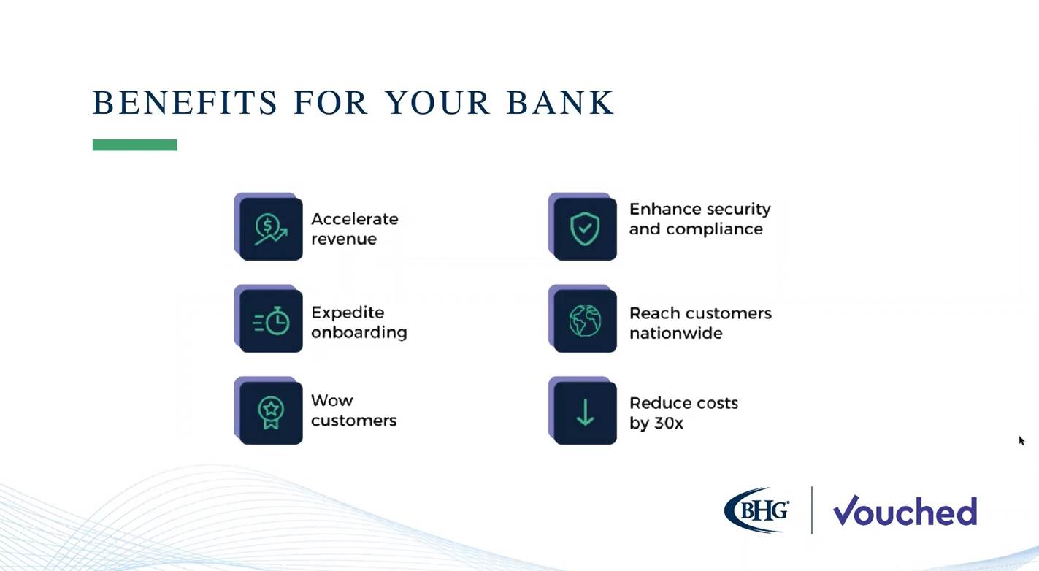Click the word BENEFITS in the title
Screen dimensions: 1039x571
point(185,102)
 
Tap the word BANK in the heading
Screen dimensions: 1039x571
point(560,102)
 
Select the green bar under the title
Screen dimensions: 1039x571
point(134,145)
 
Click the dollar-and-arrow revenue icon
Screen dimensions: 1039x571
point(271,229)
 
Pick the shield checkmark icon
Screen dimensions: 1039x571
point(585,229)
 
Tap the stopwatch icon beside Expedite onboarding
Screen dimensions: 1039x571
point(272,321)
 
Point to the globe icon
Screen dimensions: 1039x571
point(585,321)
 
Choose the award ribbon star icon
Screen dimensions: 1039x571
point(271,413)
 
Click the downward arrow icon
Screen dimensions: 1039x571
point(586,413)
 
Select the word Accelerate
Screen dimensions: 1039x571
point(354,219)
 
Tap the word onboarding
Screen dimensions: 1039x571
point(359,332)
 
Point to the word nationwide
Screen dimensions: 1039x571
point(676,333)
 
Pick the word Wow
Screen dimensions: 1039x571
point(331,400)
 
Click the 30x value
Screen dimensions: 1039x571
point(668,423)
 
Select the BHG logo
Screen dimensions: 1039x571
point(756,510)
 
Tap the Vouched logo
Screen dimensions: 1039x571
point(905,510)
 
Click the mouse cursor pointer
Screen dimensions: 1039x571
point(1021,440)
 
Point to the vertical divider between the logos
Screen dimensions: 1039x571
point(812,510)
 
